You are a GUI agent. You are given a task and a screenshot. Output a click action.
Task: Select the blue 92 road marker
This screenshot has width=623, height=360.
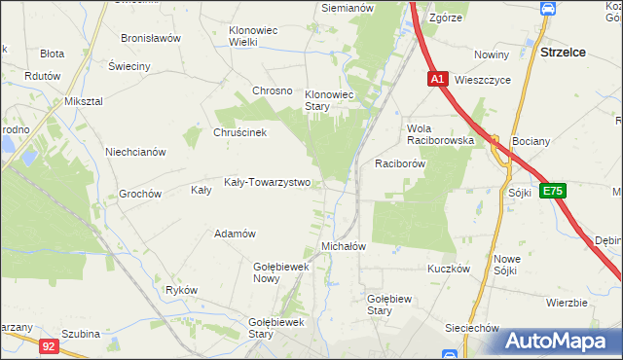pyautogui.click(x=50, y=344)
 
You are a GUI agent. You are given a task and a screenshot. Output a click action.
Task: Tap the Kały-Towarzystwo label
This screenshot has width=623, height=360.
pyautogui.click(x=267, y=182)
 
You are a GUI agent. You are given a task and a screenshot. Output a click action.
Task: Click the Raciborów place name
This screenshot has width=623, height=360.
pyautogui.click(x=401, y=164)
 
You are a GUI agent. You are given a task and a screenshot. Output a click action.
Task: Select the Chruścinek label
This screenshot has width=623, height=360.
pyautogui.click(x=239, y=133)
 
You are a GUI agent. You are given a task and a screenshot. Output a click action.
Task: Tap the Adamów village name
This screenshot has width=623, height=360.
pyautogui.click(x=235, y=234)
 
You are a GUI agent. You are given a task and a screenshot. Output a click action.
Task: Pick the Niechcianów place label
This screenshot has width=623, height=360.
pyautogui.click(x=135, y=152)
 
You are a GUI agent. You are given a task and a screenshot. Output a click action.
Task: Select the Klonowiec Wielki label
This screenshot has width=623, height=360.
pyautogui.click(x=252, y=36)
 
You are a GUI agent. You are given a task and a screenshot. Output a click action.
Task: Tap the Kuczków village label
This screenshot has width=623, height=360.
pyautogui.click(x=449, y=268)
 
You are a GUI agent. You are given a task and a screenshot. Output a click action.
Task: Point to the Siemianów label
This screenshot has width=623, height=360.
pyautogui.click(x=348, y=8)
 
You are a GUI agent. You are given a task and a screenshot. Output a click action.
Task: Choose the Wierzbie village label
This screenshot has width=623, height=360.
pyautogui.click(x=567, y=303)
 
